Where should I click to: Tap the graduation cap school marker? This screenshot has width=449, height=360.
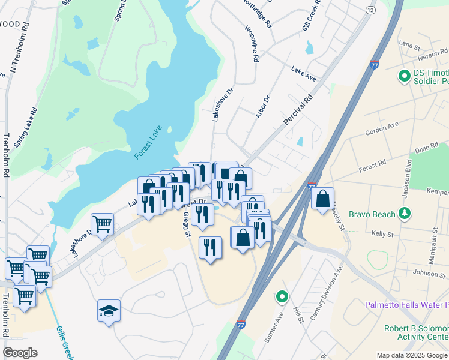pyautogui.click(x=109, y=311)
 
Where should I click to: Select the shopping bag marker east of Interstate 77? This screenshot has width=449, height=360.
pyautogui.click(x=323, y=199)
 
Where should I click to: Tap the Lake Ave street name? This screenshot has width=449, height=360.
pyautogui.click(x=303, y=74)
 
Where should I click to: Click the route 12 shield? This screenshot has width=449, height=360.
pyautogui.click(x=370, y=10)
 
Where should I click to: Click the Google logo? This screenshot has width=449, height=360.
pyautogui.click(x=20, y=353)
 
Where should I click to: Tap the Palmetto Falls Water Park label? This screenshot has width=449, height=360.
pyautogui.click(x=406, y=305)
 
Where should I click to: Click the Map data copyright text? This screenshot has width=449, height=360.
pyautogui.click(x=411, y=355)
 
